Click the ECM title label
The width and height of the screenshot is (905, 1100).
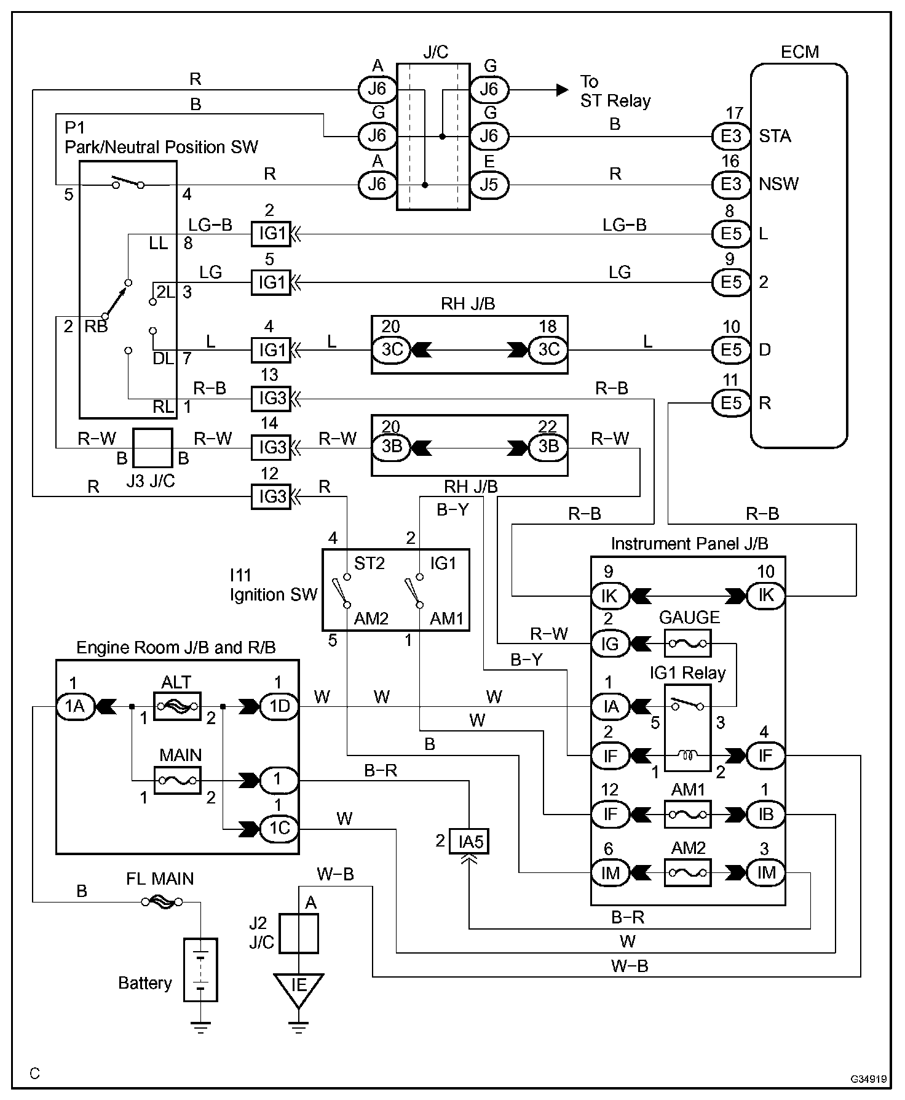(x=799, y=52)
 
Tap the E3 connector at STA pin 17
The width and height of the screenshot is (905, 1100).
(x=731, y=136)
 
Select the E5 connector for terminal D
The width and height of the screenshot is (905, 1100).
(x=731, y=349)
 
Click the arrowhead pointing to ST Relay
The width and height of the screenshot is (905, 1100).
(x=562, y=89)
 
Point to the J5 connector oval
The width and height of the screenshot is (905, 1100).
(x=489, y=185)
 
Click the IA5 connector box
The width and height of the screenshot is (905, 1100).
(x=469, y=840)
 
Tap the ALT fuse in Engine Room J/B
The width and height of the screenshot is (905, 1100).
(x=177, y=706)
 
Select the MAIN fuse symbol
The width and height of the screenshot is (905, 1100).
(x=177, y=780)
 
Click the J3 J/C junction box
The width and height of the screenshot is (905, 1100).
(x=153, y=448)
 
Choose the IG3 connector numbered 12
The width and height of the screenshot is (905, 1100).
(x=271, y=496)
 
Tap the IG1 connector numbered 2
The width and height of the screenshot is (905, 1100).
(x=271, y=234)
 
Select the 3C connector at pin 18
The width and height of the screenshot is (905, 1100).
(x=548, y=349)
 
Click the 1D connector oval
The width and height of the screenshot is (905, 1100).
(x=280, y=706)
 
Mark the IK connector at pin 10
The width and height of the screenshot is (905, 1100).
(x=765, y=596)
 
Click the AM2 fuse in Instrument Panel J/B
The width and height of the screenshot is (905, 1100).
(x=687, y=872)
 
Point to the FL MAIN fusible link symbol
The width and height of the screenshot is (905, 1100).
(x=162, y=902)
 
